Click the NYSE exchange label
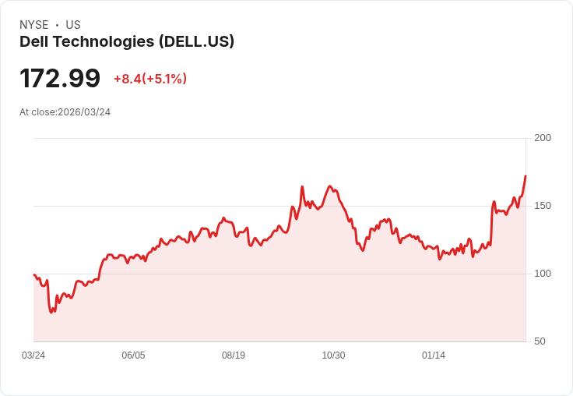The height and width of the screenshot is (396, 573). click(x=33, y=25)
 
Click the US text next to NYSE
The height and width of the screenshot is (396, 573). click(x=73, y=25)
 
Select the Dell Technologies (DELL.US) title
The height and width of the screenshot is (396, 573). click(x=127, y=42)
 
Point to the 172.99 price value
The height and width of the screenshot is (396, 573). click(x=60, y=79)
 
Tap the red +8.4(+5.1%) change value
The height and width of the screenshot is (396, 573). click(x=150, y=79)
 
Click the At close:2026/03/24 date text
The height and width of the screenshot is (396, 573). click(x=65, y=112)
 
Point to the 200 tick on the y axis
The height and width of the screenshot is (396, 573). click(x=543, y=138)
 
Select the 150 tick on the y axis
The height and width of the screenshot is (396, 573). click(x=543, y=206)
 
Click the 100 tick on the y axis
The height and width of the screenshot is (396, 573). click(x=543, y=274)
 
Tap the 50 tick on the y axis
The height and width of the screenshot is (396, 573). click(x=540, y=341)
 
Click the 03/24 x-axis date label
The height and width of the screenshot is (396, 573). click(x=33, y=355)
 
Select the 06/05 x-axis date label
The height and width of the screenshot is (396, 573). click(x=133, y=355)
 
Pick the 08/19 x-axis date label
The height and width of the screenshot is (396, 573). click(x=234, y=355)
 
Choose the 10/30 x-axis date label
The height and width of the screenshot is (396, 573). click(x=333, y=355)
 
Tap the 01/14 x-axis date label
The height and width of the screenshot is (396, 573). click(x=434, y=355)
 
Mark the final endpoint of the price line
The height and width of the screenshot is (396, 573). click(x=526, y=176)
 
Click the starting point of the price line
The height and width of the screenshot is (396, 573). click(x=34, y=274)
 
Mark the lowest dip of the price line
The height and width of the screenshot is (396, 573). click(x=52, y=313)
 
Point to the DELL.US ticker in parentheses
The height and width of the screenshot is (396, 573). click(x=196, y=42)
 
